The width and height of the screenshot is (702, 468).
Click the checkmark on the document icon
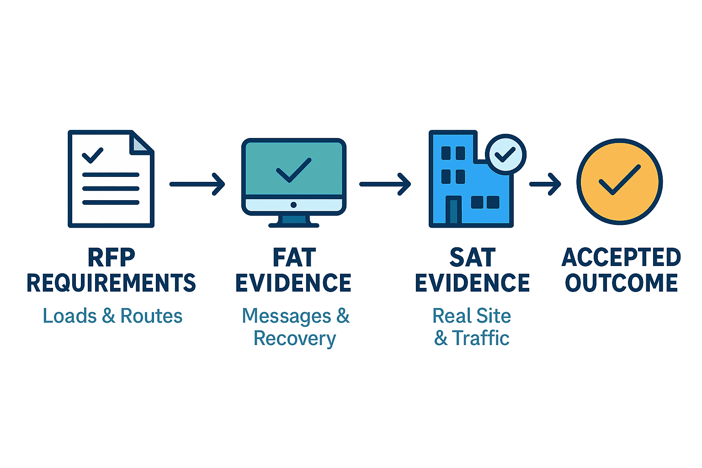[x=92, y=155]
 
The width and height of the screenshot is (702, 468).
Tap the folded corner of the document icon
[x=140, y=144]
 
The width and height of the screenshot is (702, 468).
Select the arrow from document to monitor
[x=197, y=184]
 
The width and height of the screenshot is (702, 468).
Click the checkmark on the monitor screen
[x=294, y=170]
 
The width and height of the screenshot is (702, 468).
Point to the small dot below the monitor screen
[x=294, y=205]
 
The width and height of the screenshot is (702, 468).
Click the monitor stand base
[x=294, y=225]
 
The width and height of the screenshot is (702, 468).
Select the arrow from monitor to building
[x=385, y=184]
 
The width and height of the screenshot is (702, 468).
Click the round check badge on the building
[x=505, y=154]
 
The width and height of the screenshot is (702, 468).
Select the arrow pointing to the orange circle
[x=545, y=184]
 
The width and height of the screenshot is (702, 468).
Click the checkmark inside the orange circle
[x=620, y=180]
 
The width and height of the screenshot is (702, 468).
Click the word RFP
[x=111, y=257]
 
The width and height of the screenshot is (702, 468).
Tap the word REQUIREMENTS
[x=111, y=283]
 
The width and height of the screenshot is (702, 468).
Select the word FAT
[x=294, y=257]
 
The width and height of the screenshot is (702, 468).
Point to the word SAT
[x=472, y=257]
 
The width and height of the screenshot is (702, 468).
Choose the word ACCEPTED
[x=621, y=257]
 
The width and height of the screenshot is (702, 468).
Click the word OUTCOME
[x=621, y=283]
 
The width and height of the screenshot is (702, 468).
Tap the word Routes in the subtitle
[x=151, y=316]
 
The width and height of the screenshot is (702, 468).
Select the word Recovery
[x=295, y=339]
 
